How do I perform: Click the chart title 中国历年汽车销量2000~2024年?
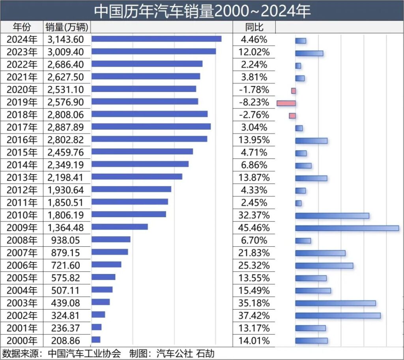[x=202, y=11]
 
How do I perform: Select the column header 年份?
[x=22, y=27]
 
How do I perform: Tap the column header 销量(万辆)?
[x=67, y=27]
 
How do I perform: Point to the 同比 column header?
[x=254, y=27]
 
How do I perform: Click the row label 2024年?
[x=22, y=39]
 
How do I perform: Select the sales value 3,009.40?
[x=65, y=52]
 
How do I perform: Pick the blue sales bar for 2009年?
[x=120, y=227]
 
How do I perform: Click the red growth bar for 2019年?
[x=286, y=103]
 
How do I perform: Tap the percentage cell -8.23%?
[x=254, y=102]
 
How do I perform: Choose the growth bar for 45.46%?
[x=347, y=228]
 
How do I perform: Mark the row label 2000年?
[x=22, y=341]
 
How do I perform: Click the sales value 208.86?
[x=65, y=341]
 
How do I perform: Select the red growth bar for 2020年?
[x=294, y=91]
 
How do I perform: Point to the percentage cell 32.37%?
[x=254, y=215]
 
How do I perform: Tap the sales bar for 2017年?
[x=151, y=127]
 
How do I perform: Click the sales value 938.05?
[x=65, y=240]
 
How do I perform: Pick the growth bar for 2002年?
[x=338, y=315]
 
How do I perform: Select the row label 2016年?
[x=22, y=140]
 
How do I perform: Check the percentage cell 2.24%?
[x=254, y=64]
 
